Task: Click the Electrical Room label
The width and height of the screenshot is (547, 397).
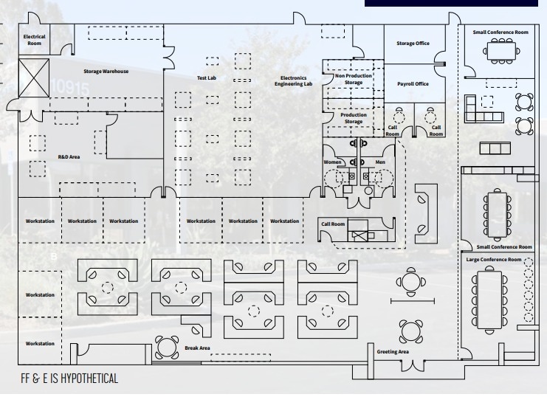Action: coord(35,39)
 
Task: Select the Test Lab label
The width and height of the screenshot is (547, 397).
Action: coord(206,77)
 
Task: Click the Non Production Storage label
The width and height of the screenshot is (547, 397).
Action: coord(354,79)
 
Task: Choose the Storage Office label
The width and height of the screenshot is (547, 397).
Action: coord(413,44)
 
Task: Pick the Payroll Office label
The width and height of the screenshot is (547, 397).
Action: coord(413,84)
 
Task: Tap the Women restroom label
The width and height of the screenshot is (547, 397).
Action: coord(332,162)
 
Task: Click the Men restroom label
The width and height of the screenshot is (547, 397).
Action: coord(380,162)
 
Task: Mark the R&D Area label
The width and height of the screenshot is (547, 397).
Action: coord(69,157)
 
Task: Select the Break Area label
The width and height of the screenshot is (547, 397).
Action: coord(197,347)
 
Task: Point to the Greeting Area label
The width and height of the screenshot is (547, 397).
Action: coord(393,352)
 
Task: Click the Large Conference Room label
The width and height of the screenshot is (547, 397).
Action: coord(494,260)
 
